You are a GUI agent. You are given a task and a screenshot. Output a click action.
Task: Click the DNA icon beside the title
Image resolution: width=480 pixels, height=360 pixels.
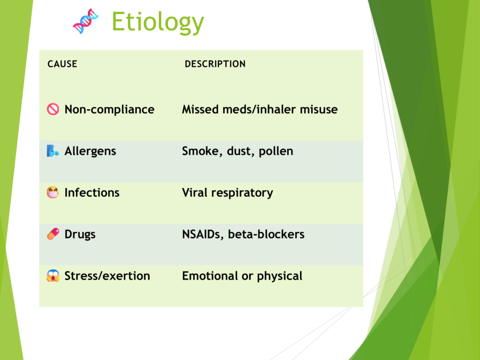click(86, 21)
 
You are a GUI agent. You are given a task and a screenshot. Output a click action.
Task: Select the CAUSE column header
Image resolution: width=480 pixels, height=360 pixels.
click(62, 64)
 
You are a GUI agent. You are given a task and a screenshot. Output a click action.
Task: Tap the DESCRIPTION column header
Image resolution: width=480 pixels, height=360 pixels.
click(215, 64)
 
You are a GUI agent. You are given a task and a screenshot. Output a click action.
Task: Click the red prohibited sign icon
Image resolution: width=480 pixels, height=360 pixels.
click(53, 109)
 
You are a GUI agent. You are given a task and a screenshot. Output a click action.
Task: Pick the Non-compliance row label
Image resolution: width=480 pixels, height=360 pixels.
click(109, 110)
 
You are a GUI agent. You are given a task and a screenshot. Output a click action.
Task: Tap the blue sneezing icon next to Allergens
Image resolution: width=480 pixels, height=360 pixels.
click(52, 151)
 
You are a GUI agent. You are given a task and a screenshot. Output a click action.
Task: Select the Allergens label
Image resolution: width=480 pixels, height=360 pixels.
click(90, 151)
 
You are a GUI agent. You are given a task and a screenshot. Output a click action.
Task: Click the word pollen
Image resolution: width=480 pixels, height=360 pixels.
click(276, 151)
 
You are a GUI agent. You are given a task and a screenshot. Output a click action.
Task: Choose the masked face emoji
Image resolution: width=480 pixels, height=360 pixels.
click(52, 193)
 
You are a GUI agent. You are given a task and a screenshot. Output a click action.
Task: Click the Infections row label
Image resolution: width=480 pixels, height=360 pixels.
click(92, 193)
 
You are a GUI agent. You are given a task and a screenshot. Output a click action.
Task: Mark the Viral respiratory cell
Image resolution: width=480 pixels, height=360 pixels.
click(227, 193)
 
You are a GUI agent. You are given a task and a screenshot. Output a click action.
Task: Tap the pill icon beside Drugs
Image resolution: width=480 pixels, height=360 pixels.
click(53, 234)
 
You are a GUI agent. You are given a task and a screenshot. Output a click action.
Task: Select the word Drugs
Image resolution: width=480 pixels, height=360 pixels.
click(80, 234)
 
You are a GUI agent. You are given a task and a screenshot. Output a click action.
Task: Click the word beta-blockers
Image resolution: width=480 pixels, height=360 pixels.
click(266, 234)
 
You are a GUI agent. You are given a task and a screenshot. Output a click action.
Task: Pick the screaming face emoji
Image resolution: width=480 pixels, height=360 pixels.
click(53, 276)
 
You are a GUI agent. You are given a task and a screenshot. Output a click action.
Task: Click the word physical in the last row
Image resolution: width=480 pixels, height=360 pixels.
click(279, 276)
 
